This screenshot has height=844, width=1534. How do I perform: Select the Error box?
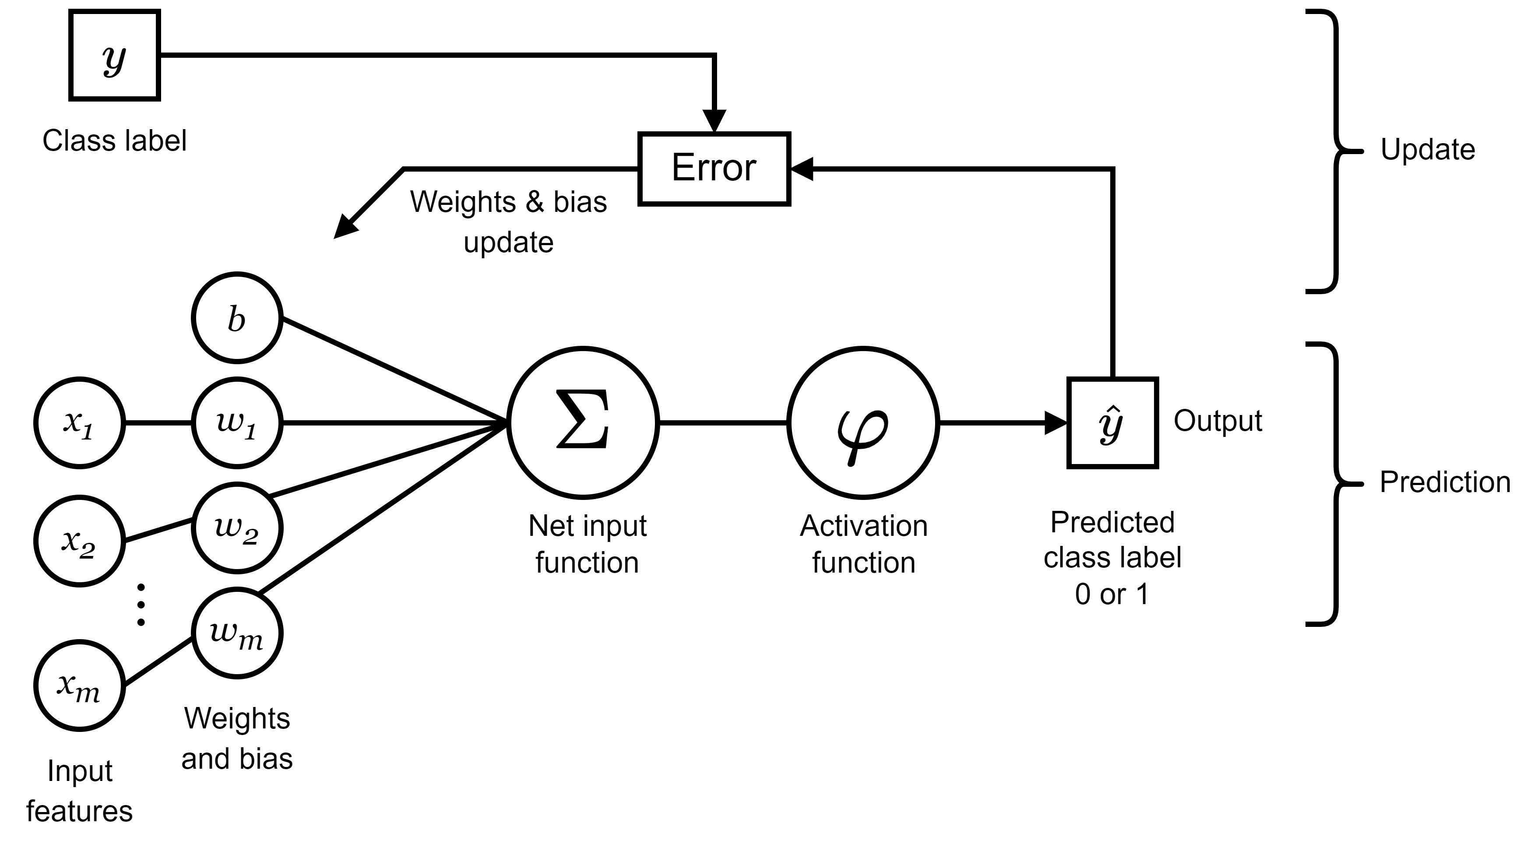point(714,169)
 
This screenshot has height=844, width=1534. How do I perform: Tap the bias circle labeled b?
point(237,318)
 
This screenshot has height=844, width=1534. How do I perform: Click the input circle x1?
point(80,423)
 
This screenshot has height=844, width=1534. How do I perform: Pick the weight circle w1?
point(237,423)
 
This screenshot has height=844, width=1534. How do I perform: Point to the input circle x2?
point(80,541)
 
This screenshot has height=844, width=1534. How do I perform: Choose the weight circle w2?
point(237,528)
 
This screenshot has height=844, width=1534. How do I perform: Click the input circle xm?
point(80,686)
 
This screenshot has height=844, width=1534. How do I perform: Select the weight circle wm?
point(237,633)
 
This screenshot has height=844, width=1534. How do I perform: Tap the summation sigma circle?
point(583,422)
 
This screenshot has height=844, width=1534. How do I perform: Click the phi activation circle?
point(863,422)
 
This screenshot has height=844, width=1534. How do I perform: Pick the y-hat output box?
point(1112,423)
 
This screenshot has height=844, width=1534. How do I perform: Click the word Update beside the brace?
point(1428,150)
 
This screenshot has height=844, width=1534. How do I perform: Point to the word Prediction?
point(1445,482)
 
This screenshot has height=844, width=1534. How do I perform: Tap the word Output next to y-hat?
point(1217,421)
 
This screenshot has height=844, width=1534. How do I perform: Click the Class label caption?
point(114,141)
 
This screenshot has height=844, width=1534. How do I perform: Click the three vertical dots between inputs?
point(141,605)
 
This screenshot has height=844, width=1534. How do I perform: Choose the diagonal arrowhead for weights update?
point(345,228)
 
